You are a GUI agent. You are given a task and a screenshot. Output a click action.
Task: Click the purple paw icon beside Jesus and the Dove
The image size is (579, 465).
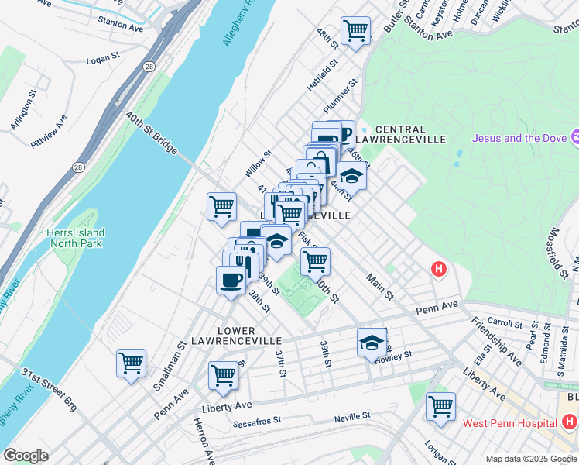coord(574,137)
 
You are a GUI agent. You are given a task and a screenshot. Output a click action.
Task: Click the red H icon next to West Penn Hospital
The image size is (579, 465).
coord(570,422)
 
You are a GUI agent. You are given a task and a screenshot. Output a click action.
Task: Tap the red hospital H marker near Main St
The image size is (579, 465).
coord(439,270)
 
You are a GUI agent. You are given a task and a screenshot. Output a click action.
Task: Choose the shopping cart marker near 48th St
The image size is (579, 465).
coord(355,31)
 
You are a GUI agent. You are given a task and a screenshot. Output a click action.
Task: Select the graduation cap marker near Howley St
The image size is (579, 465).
coord(372,342)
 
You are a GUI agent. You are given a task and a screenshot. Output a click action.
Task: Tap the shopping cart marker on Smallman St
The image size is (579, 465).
coord(131,363)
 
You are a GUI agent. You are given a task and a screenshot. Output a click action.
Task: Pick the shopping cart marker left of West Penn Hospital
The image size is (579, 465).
coord(440,406)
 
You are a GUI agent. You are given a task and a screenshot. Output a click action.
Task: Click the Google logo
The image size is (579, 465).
coord(26,456)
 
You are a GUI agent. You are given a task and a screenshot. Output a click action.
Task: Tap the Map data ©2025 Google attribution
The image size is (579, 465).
coord(531,459)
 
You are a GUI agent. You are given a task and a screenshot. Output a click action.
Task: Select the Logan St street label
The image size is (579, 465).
coord(105,60)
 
